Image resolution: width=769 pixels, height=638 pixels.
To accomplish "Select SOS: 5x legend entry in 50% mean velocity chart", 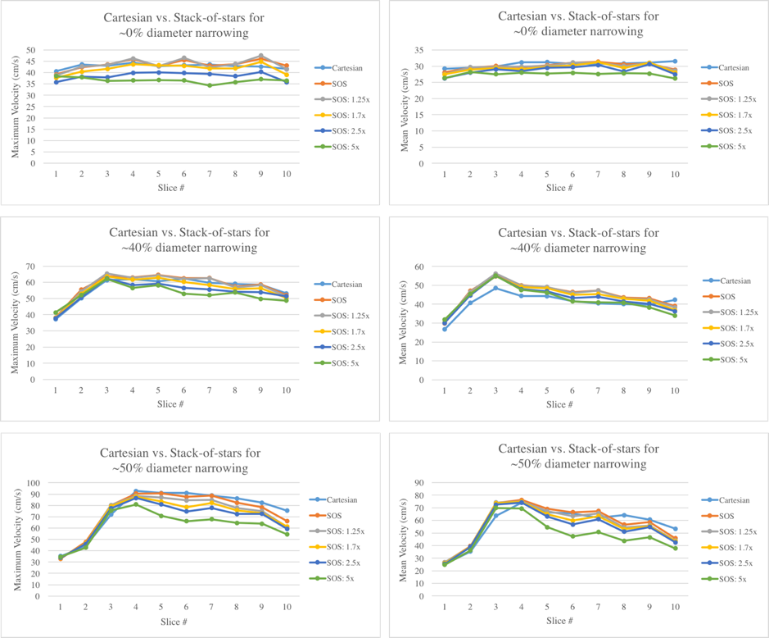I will pos(730,580).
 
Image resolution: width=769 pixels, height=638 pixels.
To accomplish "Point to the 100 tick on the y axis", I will pos(34,483).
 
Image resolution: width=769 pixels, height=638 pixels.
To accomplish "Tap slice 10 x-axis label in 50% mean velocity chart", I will pos(674,607).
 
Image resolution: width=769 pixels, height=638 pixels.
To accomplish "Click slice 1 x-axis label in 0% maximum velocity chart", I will pos(56,173).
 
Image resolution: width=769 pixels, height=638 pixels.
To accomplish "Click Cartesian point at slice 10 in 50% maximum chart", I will pos(286,511).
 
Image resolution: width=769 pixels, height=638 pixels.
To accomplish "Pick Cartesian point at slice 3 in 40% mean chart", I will pos(495,288).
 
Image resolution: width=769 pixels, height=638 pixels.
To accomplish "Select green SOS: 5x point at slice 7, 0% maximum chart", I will pos(210,85).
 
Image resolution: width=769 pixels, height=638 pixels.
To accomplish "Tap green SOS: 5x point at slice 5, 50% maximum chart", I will pos(160,516).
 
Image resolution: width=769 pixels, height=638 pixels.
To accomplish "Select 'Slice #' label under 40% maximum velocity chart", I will pos(170,403).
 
